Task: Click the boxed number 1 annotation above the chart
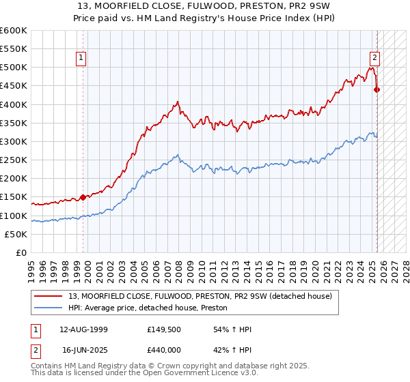click(81, 59)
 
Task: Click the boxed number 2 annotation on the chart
click(375, 59)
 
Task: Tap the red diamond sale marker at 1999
click(83, 197)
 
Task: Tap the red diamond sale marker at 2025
click(377, 89)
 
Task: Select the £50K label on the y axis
click(16, 234)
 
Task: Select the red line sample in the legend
click(49, 296)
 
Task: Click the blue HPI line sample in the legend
click(49, 308)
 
